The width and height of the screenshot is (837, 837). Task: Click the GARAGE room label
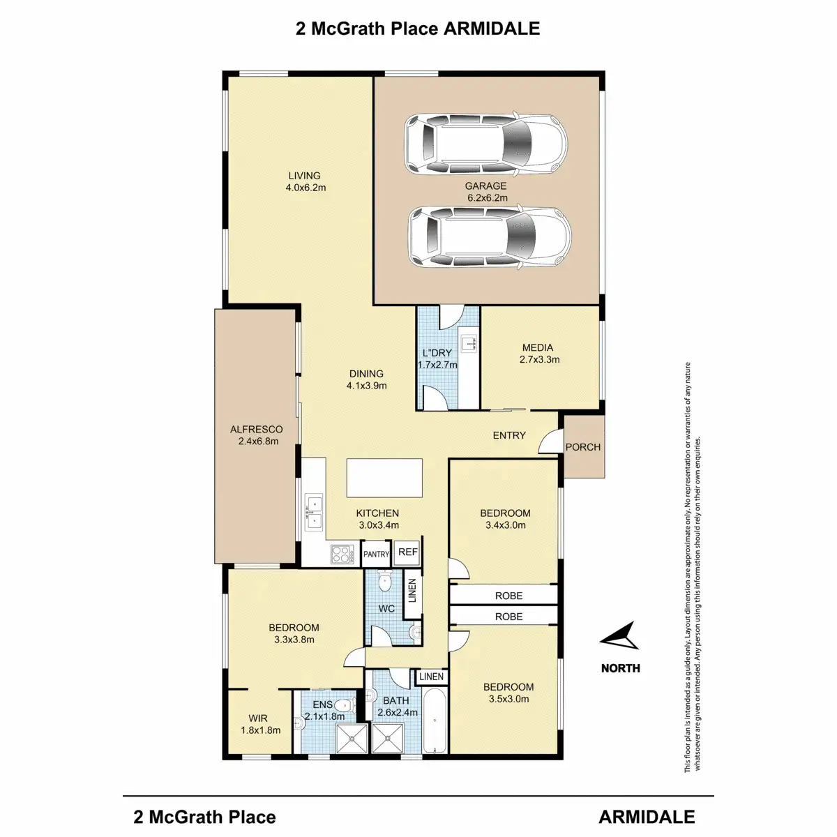click(485, 186)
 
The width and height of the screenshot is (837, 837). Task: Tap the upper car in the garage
click(486, 144)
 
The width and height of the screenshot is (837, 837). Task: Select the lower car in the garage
click(489, 238)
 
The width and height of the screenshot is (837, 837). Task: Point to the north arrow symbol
click(619, 636)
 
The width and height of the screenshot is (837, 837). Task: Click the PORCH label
click(582, 447)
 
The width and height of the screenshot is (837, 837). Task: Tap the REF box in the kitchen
click(408, 552)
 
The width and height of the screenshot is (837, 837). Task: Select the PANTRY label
click(377, 555)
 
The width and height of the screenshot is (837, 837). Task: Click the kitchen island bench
click(385, 478)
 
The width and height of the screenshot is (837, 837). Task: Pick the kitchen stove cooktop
click(340, 555)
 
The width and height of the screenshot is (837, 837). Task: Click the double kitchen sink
click(313, 511)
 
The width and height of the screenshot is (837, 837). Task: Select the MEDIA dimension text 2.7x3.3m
click(539, 360)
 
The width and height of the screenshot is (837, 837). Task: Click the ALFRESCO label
click(256, 430)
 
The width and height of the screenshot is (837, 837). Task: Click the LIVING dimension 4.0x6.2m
click(306, 188)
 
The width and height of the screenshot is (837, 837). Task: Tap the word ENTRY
click(509, 435)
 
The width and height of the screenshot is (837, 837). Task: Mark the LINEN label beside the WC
click(412, 591)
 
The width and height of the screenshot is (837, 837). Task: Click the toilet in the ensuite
click(342, 705)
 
